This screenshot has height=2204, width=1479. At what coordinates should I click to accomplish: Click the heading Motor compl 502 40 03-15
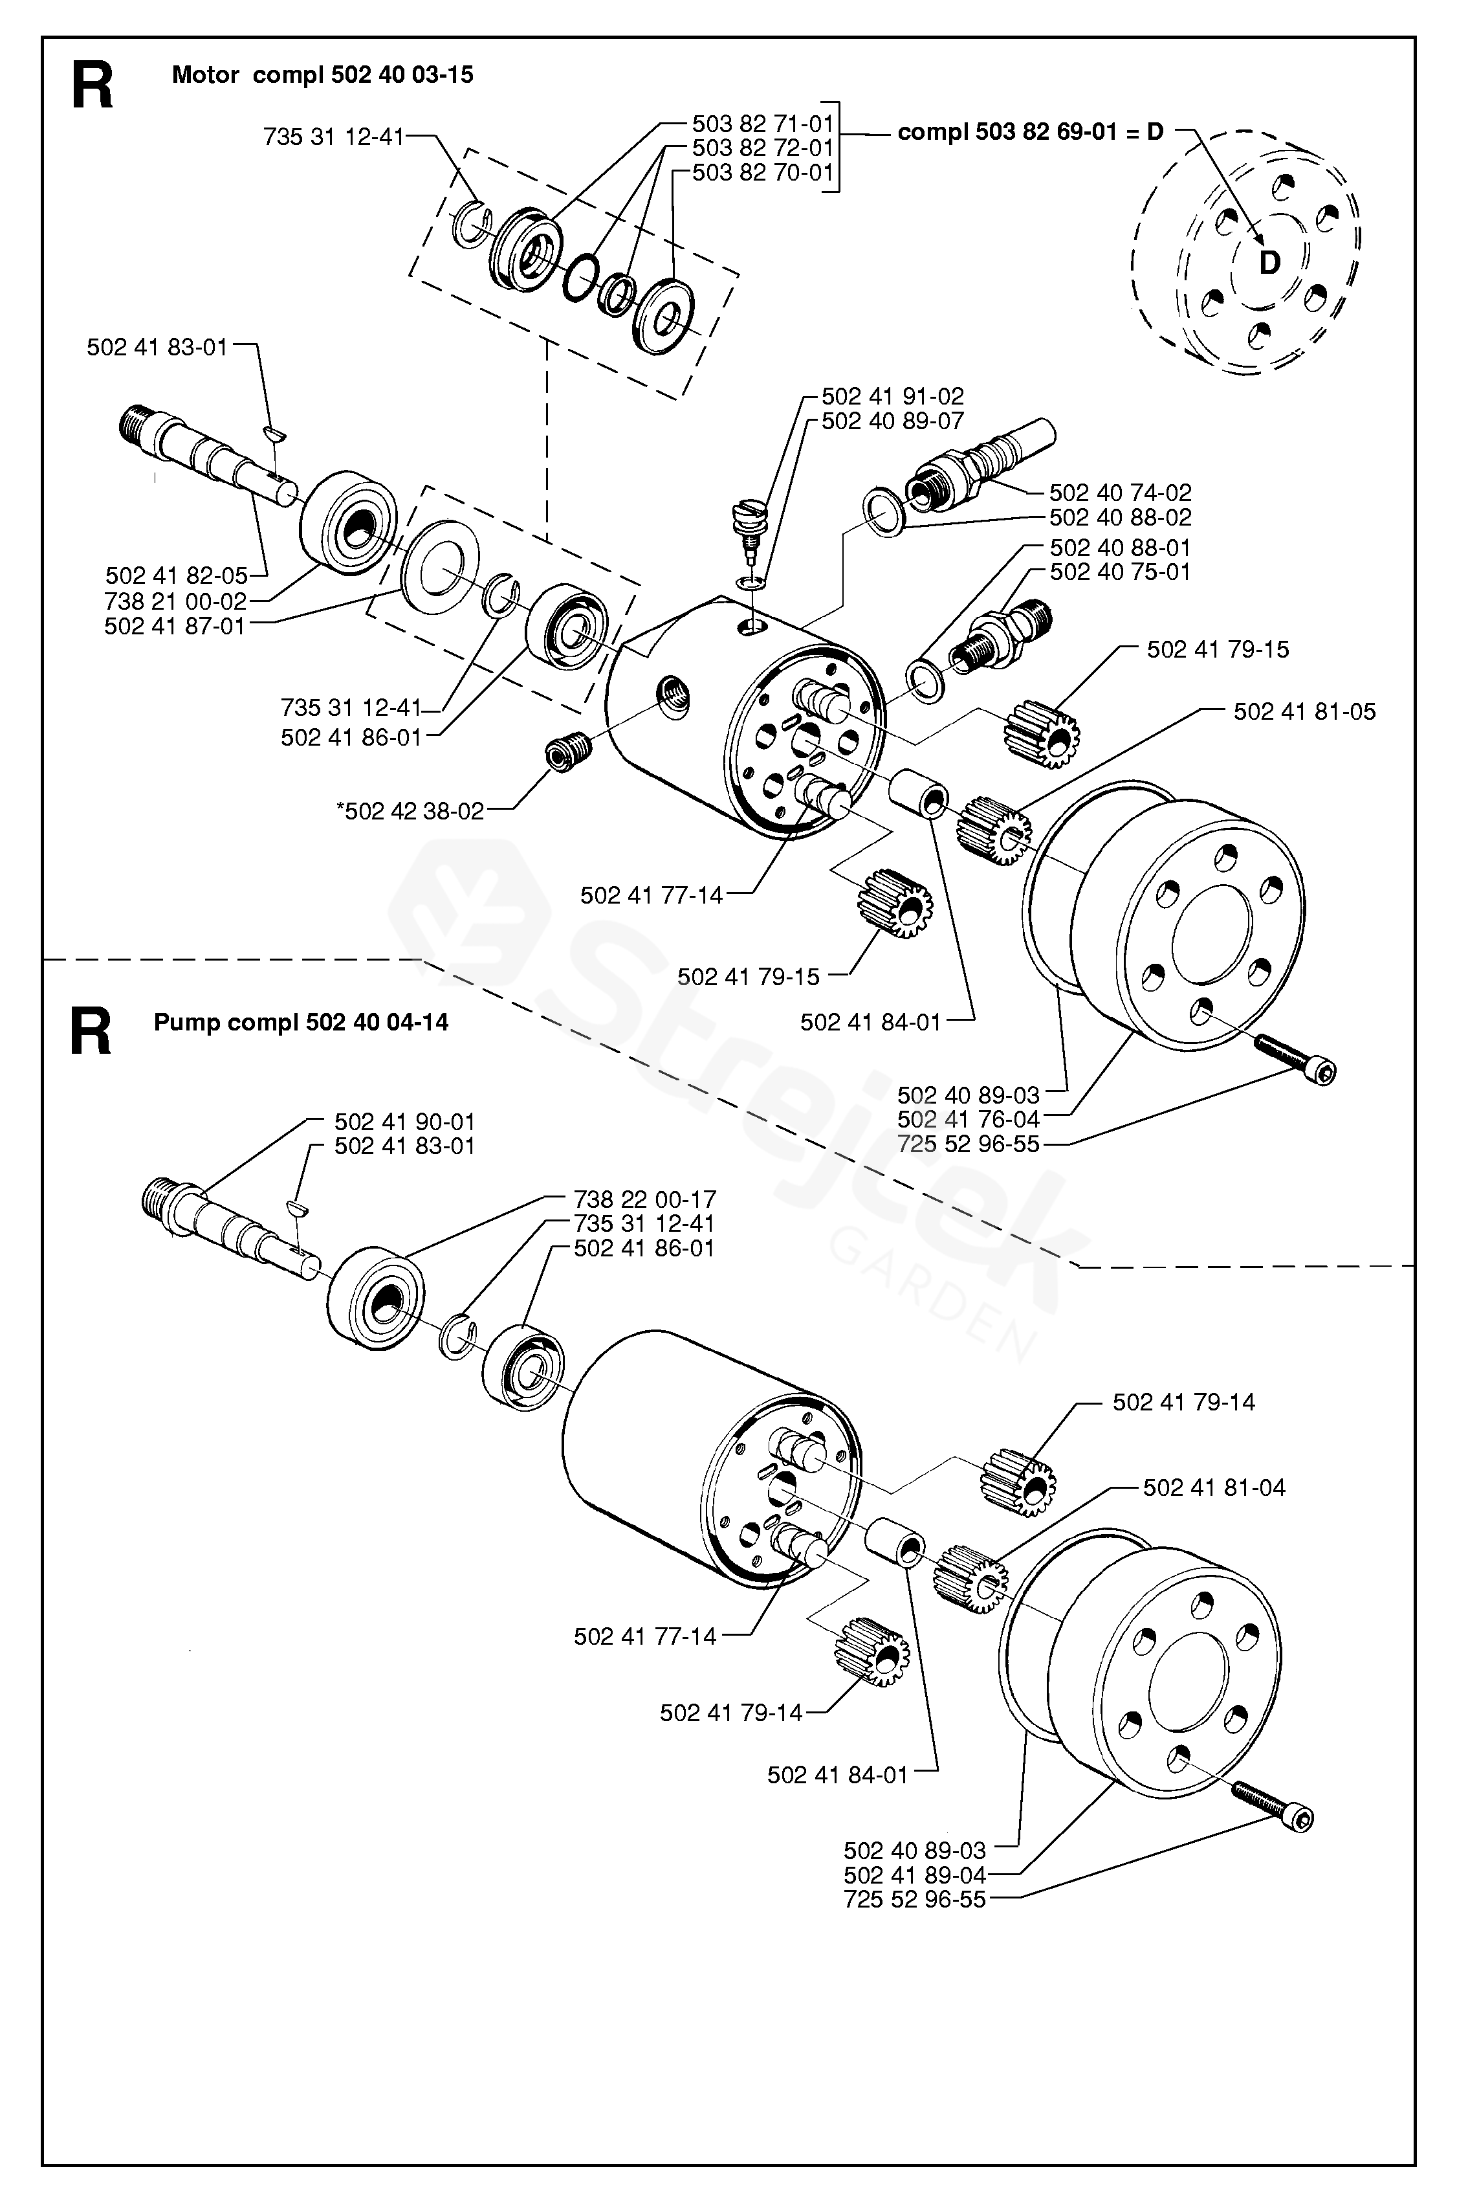coord(323,76)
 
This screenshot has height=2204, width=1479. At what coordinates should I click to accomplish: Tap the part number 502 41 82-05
coord(177,575)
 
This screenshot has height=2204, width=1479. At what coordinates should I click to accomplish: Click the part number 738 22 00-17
coord(645,1199)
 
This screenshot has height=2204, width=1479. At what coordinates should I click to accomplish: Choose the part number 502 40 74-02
coord(1121,493)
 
